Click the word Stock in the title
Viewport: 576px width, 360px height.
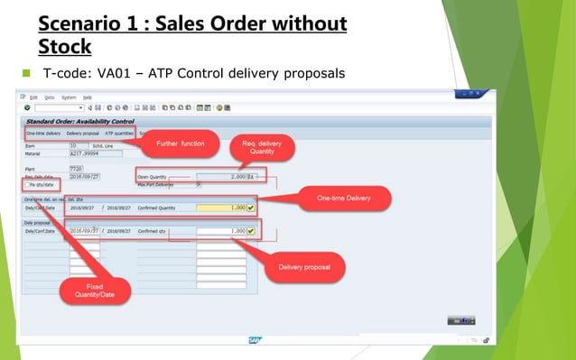pyautogui.click(x=65, y=44)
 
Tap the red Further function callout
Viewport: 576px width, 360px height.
pyautogui.click(x=180, y=143)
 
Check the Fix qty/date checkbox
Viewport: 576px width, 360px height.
pyautogui.click(x=27, y=184)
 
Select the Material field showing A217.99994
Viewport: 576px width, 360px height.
pyautogui.click(x=95, y=153)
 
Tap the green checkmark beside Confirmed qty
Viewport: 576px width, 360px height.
pyautogui.click(x=252, y=231)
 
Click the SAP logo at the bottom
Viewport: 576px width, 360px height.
pyautogui.click(x=255, y=340)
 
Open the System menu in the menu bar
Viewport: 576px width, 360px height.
pyautogui.click(x=69, y=97)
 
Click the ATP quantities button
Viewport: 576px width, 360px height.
pyautogui.click(x=119, y=133)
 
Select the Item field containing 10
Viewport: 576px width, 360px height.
pyautogui.click(x=78, y=144)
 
